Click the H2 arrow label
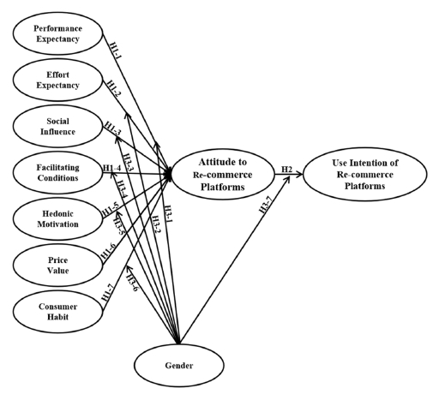[287, 169]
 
